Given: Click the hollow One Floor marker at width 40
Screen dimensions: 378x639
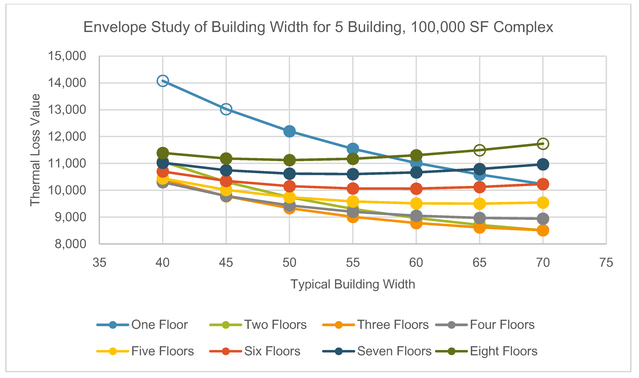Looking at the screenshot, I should (163, 81).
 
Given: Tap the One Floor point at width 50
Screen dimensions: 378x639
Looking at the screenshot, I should (290, 131).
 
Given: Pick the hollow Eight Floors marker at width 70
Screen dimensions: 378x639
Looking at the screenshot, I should (543, 144).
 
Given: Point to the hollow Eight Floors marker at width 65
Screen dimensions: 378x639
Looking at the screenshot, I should (480, 150).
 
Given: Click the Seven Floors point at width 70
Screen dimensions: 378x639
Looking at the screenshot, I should (543, 165).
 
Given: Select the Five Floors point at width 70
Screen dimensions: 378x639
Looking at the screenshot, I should (543, 203).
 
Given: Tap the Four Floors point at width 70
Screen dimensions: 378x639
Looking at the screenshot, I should (543, 219).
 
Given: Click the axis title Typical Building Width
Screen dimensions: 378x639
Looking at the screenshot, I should (353, 284).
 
